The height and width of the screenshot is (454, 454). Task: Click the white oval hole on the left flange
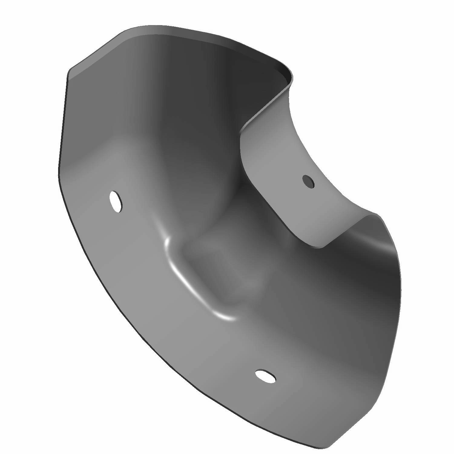click(116, 201)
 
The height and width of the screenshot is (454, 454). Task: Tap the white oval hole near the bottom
click(265, 375)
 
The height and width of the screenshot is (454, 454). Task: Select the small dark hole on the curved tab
click(308, 182)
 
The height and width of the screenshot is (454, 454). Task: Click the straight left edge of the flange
click(62, 127)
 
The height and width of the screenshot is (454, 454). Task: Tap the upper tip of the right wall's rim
click(377, 215)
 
